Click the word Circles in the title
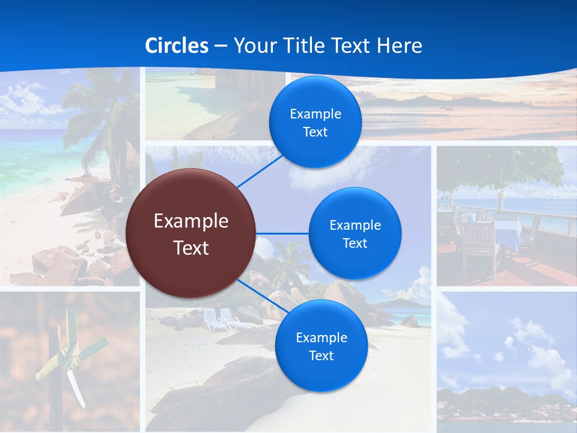point(177,46)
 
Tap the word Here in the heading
point(399,46)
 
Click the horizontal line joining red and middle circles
point(282,233)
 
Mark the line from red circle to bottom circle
point(263,296)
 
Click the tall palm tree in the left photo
point(102,120)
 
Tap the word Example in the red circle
point(191,221)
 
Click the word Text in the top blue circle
point(315,132)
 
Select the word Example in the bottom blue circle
point(321,338)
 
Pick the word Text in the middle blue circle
point(355,243)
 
